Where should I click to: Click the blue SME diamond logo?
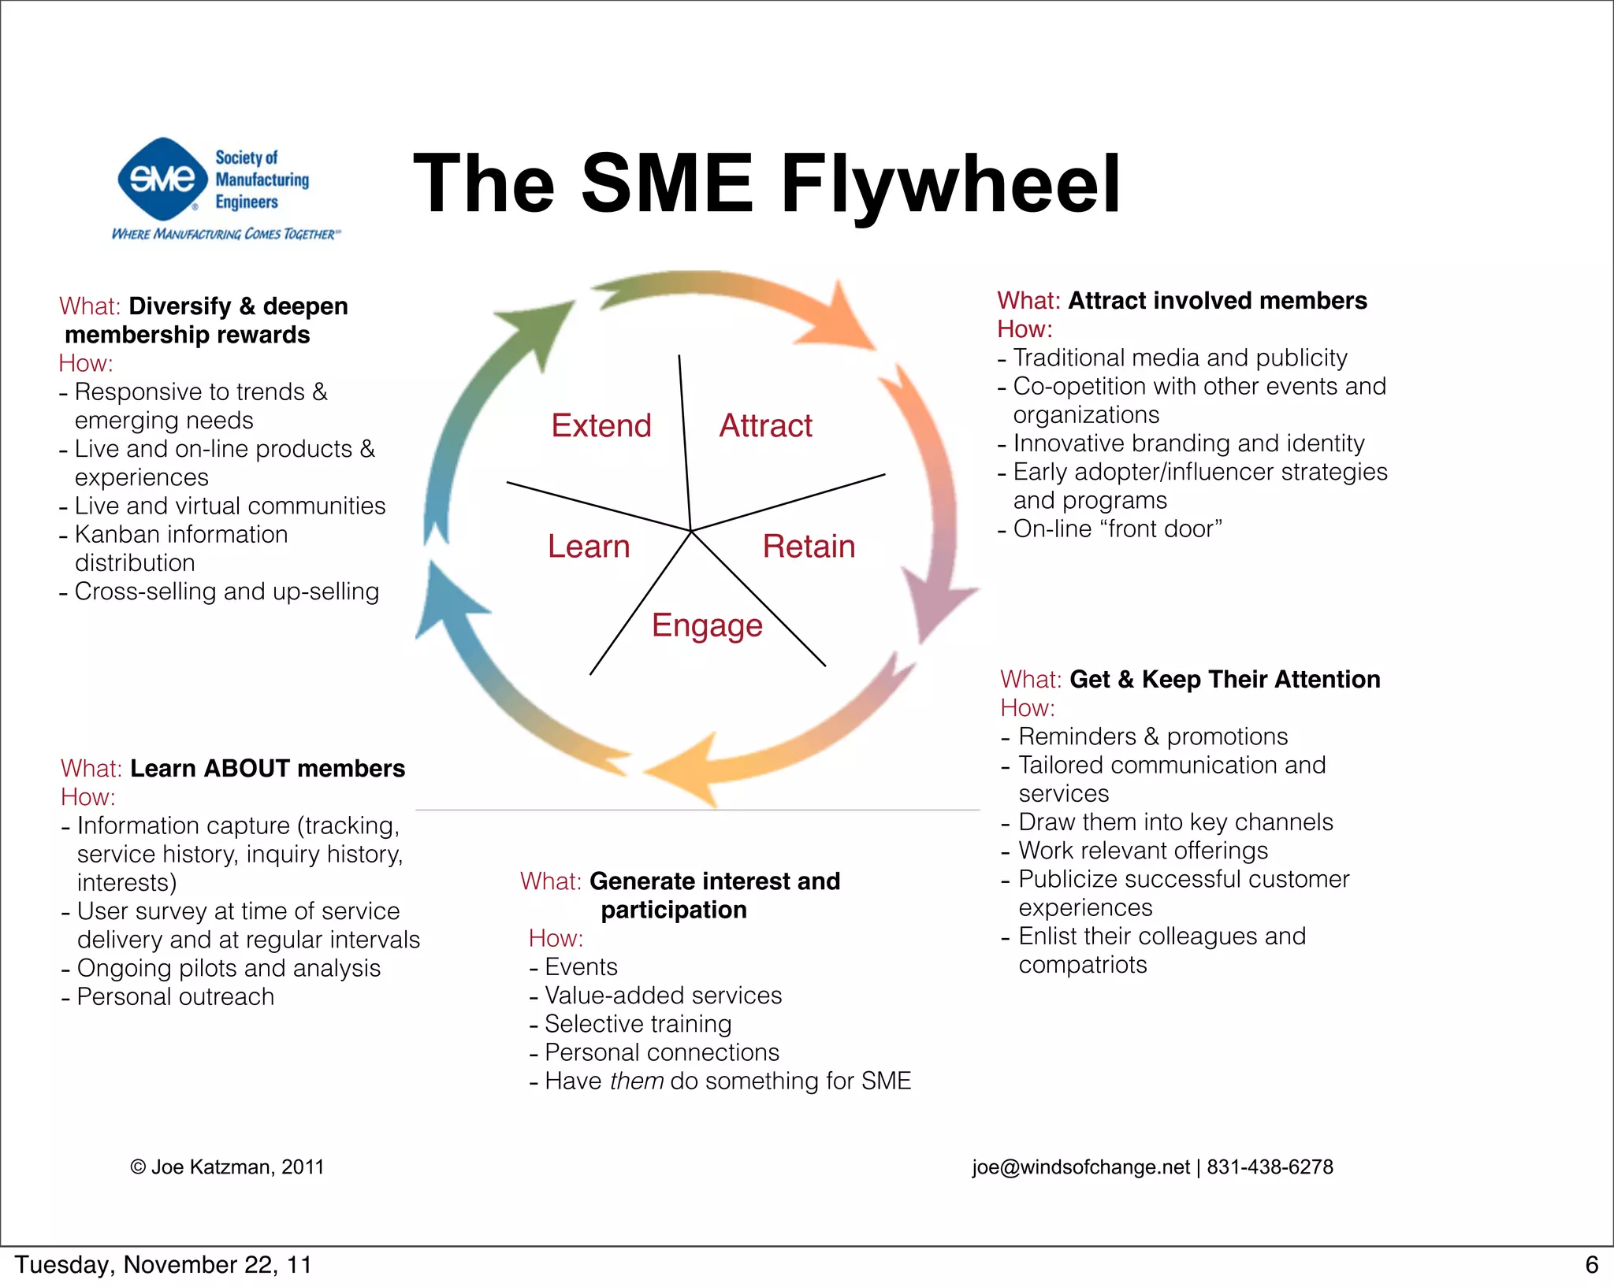click(x=162, y=180)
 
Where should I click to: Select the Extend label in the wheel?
click(x=601, y=426)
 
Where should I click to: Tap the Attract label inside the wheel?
click(x=765, y=426)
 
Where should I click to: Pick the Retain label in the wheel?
click(x=809, y=547)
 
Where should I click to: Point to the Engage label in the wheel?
click(x=707, y=625)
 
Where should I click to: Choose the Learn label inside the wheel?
click(x=589, y=547)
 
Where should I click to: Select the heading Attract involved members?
click(x=1217, y=301)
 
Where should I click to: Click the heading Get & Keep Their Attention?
click(x=1225, y=680)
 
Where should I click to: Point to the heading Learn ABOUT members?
click(x=267, y=769)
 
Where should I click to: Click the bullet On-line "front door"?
click(x=1117, y=529)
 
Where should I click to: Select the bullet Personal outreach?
click(x=175, y=997)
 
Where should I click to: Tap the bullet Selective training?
click(x=638, y=1024)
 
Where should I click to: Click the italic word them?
click(x=637, y=1081)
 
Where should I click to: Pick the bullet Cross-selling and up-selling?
click(x=226, y=592)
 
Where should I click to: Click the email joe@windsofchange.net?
click(x=1080, y=1167)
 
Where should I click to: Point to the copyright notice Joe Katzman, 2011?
click(x=228, y=1167)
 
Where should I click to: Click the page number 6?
click(x=1591, y=1265)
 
